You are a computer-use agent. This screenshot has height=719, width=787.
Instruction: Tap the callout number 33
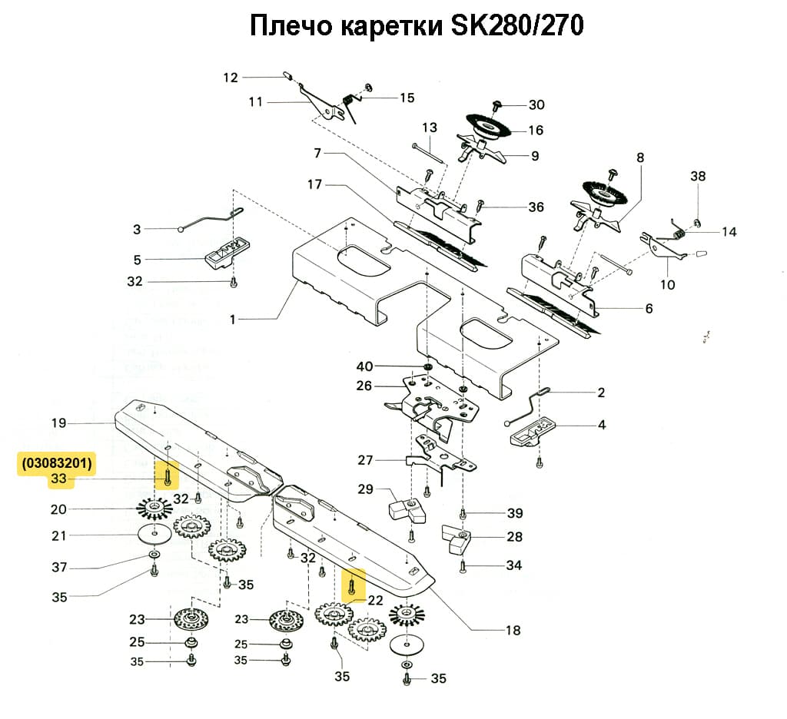coord(58,480)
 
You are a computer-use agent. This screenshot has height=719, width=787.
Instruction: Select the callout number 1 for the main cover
coord(233,320)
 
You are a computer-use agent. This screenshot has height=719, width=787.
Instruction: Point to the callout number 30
coord(536,104)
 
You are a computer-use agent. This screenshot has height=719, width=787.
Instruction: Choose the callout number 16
coord(536,130)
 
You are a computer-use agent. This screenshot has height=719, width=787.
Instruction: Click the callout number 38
coord(698,176)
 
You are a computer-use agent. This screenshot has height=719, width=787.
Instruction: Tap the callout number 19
coord(59,422)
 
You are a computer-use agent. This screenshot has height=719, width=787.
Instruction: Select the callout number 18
coord(513,631)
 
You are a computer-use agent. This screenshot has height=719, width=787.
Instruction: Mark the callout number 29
coord(365,489)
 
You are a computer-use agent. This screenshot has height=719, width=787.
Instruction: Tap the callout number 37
coord(59,568)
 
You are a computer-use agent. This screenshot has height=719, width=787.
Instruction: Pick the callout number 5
coord(137,260)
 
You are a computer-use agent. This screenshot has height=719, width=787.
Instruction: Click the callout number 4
coord(602,424)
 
